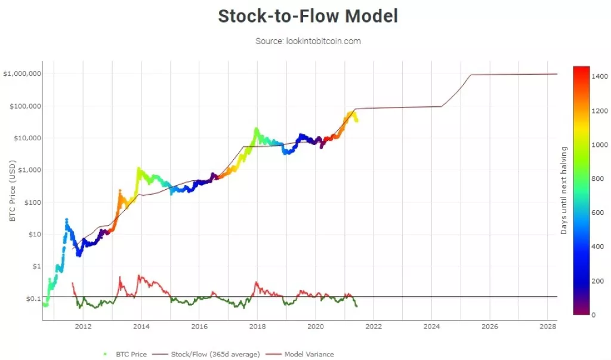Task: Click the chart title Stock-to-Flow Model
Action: [307, 16]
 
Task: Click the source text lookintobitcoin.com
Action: [308, 41]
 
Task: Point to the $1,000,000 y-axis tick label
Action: [21, 74]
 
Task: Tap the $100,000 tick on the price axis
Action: [24, 106]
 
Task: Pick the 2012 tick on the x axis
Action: [83, 327]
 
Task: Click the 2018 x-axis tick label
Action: [257, 327]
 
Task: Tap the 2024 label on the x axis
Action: [431, 327]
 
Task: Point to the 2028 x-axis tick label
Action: [547, 327]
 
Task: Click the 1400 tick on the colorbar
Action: [600, 78]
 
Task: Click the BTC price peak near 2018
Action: [256, 128]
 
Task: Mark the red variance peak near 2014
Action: [139, 276]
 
